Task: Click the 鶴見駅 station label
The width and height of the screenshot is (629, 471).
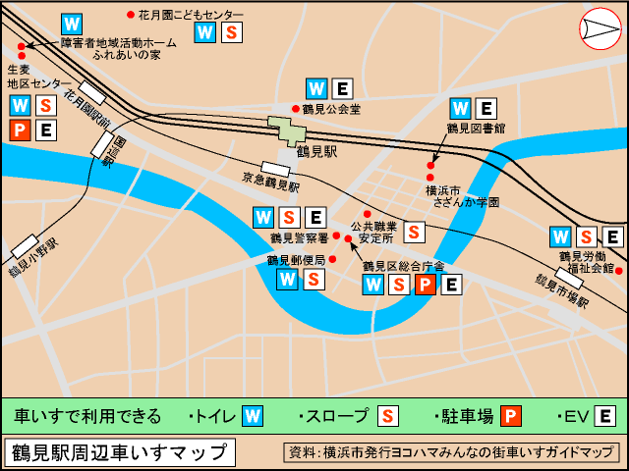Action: click(x=316, y=152)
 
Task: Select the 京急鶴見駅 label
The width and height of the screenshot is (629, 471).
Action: click(x=270, y=183)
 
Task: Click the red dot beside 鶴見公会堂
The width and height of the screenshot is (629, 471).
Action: click(x=295, y=109)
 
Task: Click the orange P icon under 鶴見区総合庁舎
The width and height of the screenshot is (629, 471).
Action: click(x=426, y=286)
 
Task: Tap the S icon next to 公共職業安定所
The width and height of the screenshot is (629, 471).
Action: click(x=415, y=233)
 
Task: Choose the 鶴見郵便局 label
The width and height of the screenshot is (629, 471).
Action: click(x=295, y=260)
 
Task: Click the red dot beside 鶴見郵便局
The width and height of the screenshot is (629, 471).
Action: click(x=332, y=259)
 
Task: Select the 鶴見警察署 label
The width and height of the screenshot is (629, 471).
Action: click(x=299, y=237)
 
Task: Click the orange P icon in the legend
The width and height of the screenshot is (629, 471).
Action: click(x=511, y=416)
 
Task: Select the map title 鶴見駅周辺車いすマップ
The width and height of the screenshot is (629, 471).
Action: click(x=120, y=452)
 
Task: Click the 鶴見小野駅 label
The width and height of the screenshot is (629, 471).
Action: click(x=33, y=258)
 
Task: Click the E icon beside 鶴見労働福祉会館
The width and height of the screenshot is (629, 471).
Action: click(x=612, y=236)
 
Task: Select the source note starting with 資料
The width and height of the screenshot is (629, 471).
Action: click(x=450, y=452)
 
